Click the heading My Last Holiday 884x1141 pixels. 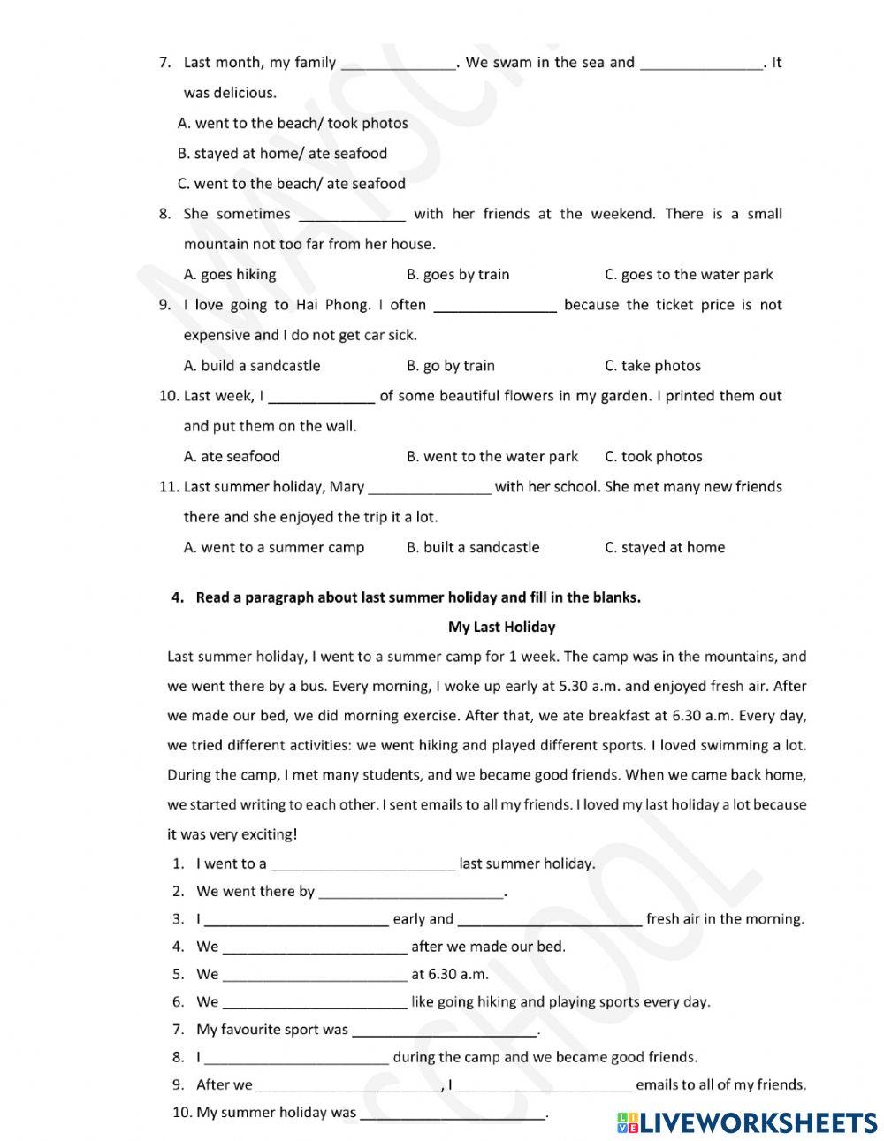pyautogui.click(x=501, y=627)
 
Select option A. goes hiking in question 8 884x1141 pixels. pyautogui.click(x=229, y=274)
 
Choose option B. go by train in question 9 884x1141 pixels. pyautogui.click(x=450, y=365)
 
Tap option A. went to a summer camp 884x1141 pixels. pyautogui.click(x=273, y=547)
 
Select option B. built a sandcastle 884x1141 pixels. pyautogui.click(x=472, y=547)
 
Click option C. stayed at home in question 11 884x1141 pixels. pyautogui.click(x=664, y=547)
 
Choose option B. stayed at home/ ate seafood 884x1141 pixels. pyautogui.click(x=282, y=153)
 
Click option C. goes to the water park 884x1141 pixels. pyautogui.click(x=688, y=274)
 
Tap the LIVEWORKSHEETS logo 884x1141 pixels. pyautogui.click(x=747, y=1122)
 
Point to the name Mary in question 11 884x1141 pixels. pyautogui.click(x=347, y=486)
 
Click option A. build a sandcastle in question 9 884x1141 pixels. pyautogui.click(x=251, y=365)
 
